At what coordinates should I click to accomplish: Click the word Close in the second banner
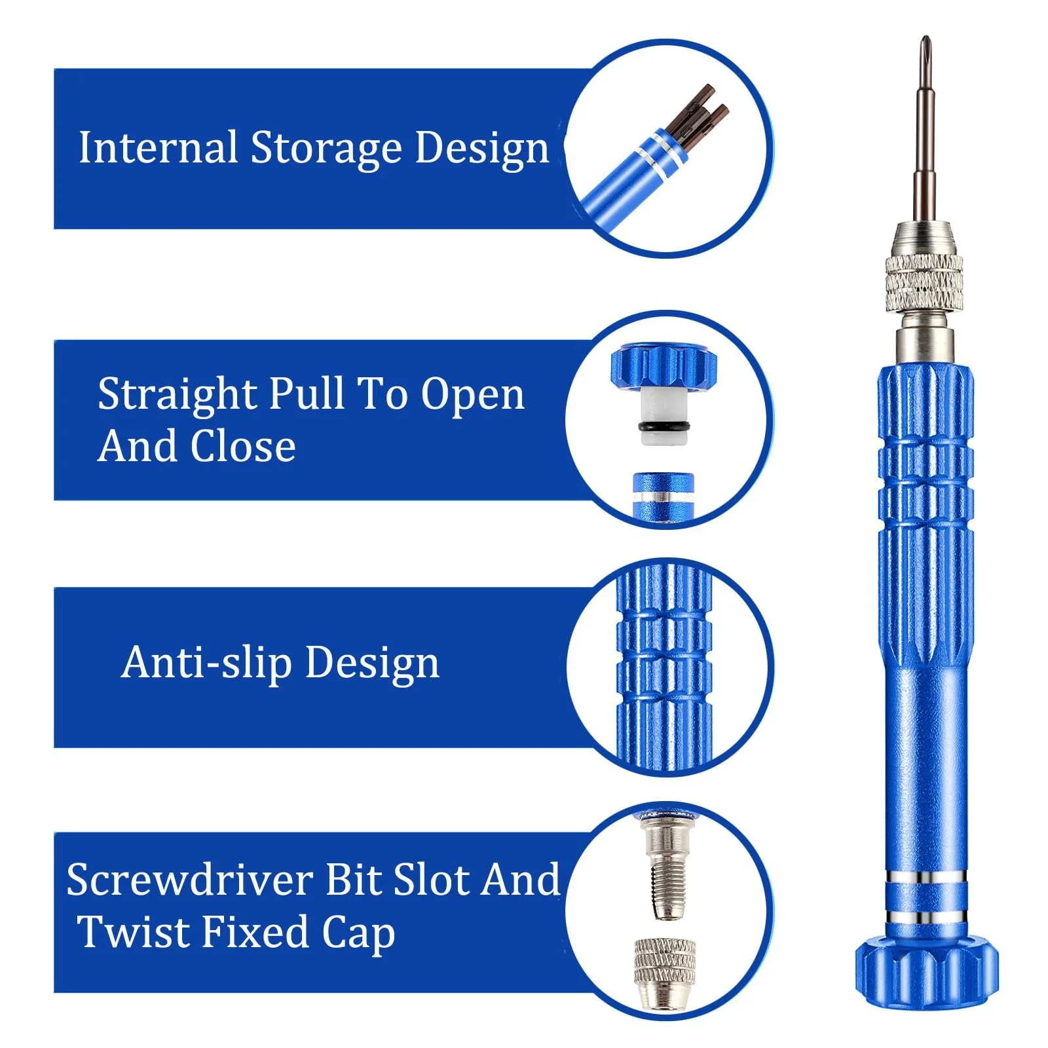point(243,447)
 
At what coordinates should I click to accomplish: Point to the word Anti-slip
point(206,663)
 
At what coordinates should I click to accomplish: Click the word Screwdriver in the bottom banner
point(189,880)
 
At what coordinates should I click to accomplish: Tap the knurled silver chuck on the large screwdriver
point(924,283)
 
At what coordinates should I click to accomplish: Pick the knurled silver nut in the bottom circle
point(664,973)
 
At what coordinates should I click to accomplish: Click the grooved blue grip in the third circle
point(664,665)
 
